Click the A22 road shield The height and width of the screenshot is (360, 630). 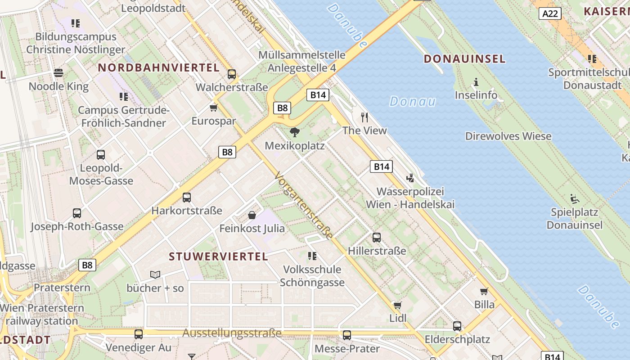(550, 13)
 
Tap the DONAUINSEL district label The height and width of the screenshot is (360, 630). (465, 59)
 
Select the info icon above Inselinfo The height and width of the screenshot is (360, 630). (476, 82)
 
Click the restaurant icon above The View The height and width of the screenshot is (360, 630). (364, 117)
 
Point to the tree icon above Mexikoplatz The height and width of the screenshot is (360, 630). (295, 132)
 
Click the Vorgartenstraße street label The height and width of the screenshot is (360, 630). (304, 205)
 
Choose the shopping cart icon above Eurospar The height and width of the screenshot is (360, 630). (214, 108)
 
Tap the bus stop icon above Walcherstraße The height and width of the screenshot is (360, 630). (232, 74)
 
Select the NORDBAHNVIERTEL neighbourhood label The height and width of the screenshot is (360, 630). (159, 68)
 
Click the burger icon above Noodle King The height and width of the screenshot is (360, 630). (58, 72)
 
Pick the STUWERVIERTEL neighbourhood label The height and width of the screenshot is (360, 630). (218, 257)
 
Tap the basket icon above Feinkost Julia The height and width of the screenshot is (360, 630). (252, 215)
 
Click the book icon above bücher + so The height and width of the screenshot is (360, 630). (155, 274)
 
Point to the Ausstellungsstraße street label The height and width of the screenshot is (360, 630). (232, 333)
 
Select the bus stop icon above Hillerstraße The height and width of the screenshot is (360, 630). (377, 237)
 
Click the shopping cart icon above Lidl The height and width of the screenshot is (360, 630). (397, 305)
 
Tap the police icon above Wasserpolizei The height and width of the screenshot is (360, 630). (410, 178)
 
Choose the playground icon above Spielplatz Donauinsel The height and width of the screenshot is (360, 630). (574, 198)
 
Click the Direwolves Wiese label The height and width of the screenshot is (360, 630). (508, 136)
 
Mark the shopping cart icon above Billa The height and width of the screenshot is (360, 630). (484, 291)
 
